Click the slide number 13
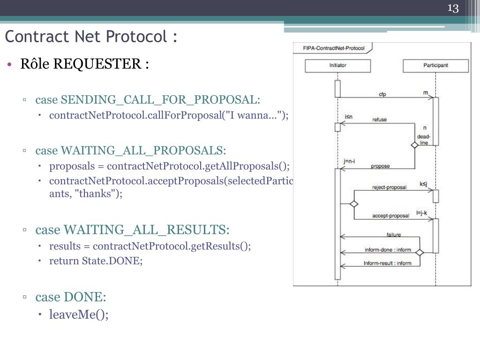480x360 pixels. click(x=453, y=8)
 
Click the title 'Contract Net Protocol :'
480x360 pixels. click(x=91, y=37)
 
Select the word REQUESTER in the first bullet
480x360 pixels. click(x=96, y=64)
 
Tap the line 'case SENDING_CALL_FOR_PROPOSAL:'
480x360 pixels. click(x=147, y=100)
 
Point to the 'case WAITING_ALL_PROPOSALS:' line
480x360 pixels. click(x=130, y=150)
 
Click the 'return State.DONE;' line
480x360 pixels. click(x=96, y=261)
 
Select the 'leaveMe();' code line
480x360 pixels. click(x=79, y=315)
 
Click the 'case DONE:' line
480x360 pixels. click(x=71, y=297)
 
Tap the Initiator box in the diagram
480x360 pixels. click(x=337, y=65)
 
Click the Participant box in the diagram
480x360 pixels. click(x=435, y=65)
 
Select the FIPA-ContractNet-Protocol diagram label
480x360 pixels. click(x=334, y=48)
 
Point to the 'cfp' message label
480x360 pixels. click(x=382, y=94)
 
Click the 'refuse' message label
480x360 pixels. click(x=380, y=120)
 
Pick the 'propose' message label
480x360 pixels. click(x=380, y=166)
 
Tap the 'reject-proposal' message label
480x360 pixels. click(x=390, y=187)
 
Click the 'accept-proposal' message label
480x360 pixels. click(x=390, y=216)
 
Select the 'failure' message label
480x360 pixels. click(x=394, y=234)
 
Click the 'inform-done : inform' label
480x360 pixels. click(x=388, y=250)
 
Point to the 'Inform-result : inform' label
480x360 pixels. click(x=387, y=263)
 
